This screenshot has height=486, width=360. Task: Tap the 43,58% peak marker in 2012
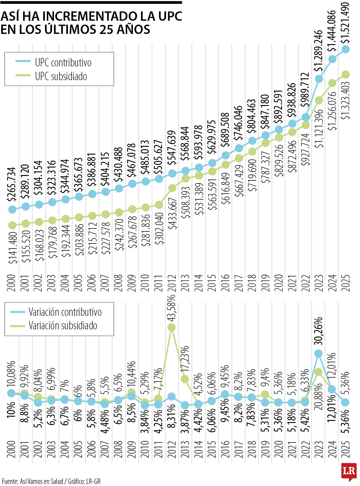(x=171, y=327)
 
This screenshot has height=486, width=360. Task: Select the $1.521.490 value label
(x=346, y=23)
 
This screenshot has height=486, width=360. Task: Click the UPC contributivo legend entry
(x=63, y=62)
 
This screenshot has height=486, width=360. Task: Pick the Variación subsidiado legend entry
(x=63, y=326)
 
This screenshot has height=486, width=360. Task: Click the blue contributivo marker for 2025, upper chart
(x=346, y=49)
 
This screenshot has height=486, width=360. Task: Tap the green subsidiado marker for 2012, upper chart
(x=172, y=188)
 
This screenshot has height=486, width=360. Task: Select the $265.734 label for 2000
(x=12, y=184)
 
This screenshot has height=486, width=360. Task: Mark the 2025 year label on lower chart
(x=346, y=449)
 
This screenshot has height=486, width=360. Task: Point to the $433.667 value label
(x=173, y=213)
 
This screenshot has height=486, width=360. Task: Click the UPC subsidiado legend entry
(x=61, y=76)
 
